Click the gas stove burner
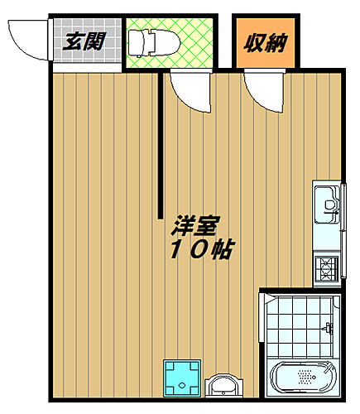[326, 267]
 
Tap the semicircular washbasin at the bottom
[224, 385]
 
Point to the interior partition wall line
[160, 149]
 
